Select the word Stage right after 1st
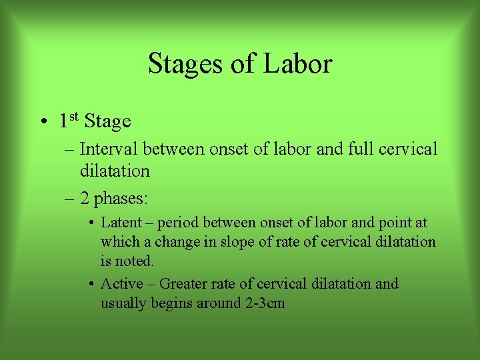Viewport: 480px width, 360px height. (x=108, y=122)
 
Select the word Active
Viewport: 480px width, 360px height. (x=121, y=284)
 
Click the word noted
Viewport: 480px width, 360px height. (x=136, y=261)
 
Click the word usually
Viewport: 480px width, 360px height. (x=123, y=303)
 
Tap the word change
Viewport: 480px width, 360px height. (x=175, y=242)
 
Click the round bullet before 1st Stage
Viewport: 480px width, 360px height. (x=43, y=123)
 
